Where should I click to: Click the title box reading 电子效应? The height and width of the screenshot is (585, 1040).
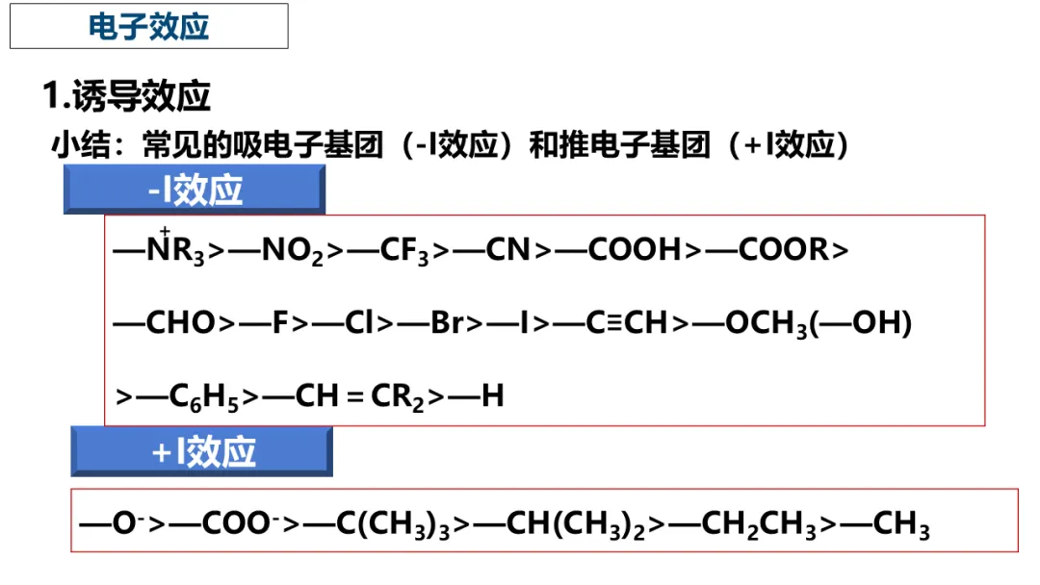pos(149,26)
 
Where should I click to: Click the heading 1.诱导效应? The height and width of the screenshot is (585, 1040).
pos(126,96)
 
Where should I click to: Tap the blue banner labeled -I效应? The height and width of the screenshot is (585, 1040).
pos(195,190)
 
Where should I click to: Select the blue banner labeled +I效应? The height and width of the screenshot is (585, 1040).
pos(202,452)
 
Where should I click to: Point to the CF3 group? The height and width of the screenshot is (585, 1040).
pos(404,251)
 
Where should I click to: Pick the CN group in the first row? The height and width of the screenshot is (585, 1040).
pos(507,250)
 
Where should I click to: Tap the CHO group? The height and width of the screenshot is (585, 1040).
pos(180,323)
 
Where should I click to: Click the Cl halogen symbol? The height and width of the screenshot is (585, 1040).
pos(359,323)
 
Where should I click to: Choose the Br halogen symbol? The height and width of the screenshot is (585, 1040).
pos(447,323)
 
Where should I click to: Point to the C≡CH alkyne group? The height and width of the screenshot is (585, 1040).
pos(626,323)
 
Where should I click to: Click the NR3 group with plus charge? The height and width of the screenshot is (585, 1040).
pos(174,250)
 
